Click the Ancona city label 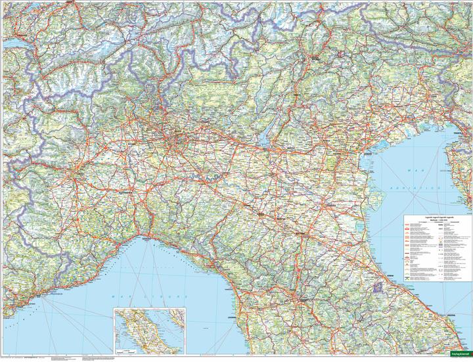click(452, 317)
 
